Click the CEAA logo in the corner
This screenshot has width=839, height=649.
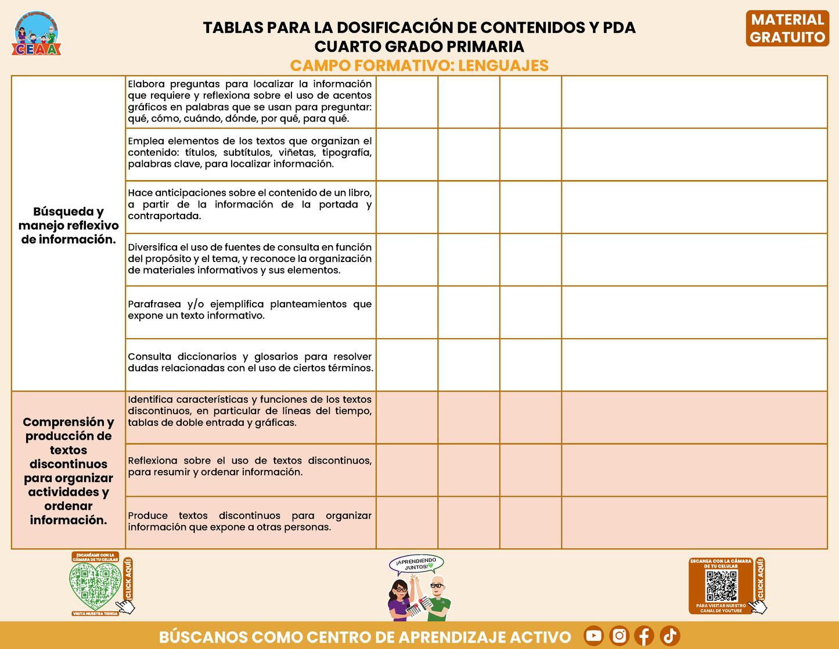[x=37, y=34]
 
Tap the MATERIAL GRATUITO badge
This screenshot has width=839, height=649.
[x=787, y=28]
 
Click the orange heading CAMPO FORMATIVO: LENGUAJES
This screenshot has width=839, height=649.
[x=419, y=66]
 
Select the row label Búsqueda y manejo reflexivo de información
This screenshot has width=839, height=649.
[x=69, y=225]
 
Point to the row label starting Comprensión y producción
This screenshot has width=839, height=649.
[x=69, y=471]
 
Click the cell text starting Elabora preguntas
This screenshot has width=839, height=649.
[x=250, y=102]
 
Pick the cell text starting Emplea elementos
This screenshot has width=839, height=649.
[x=250, y=153]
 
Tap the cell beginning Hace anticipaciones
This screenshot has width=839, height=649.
[x=250, y=205]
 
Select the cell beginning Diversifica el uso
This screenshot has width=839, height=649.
[x=250, y=259]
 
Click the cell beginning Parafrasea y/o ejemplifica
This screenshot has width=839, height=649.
[x=250, y=310]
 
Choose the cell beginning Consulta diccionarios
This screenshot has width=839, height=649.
[x=250, y=362]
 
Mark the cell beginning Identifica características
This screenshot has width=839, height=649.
[x=250, y=411]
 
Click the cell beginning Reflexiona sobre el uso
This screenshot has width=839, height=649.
[x=250, y=467]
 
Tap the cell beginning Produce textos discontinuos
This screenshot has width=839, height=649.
[x=250, y=522]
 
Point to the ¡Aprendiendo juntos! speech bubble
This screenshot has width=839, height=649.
[x=416, y=564]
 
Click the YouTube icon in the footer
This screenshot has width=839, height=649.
[x=593, y=636]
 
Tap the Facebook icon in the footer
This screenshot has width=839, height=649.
[x=644, y=636]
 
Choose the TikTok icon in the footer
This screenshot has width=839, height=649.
[x=669, y=636]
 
